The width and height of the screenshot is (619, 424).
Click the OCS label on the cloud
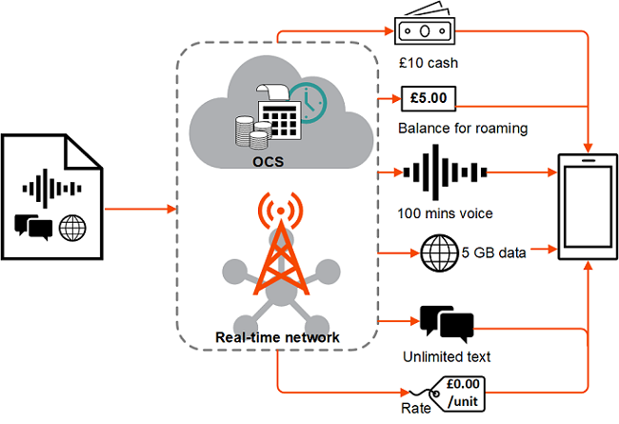pos(268,162)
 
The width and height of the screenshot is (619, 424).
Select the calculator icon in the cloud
pos(278,111)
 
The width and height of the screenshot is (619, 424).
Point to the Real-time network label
pos(277,337)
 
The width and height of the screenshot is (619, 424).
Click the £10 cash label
pos(429,63)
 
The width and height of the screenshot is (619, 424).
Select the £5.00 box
pos(429,98)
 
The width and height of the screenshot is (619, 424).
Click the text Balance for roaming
pos(463,129)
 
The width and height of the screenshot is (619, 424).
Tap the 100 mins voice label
pos(445,213)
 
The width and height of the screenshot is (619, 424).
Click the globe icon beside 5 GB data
pos(439,252)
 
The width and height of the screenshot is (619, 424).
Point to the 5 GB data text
pos(494,252)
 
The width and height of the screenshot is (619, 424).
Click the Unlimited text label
pos(447,356)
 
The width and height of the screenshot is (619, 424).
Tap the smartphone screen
pos(588,207)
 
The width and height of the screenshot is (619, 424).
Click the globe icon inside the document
pos(72,228)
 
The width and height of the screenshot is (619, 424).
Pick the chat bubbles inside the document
pos(33,227)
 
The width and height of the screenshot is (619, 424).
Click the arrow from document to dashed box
pos(140,209)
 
